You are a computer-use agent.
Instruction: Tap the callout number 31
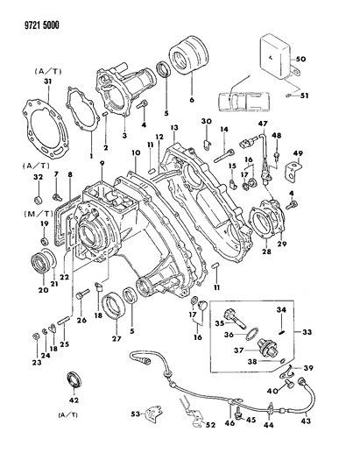coord(47,84)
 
